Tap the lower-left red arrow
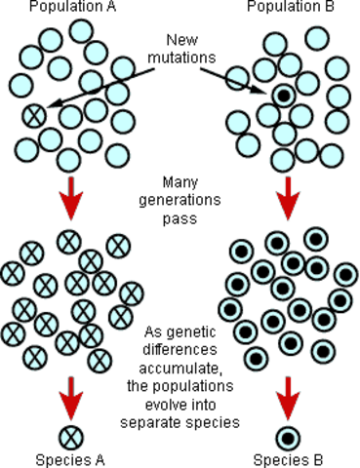(70, 399)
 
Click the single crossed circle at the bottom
(70, 436)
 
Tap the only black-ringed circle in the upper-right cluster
(283, 97)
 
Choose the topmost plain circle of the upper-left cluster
(80, 30)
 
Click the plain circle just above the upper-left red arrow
(68, 159)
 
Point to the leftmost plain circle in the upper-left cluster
(22, 85)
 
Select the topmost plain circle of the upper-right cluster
(317, 38)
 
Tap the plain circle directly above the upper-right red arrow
(284, 159)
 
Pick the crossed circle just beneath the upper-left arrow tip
(68, 240)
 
